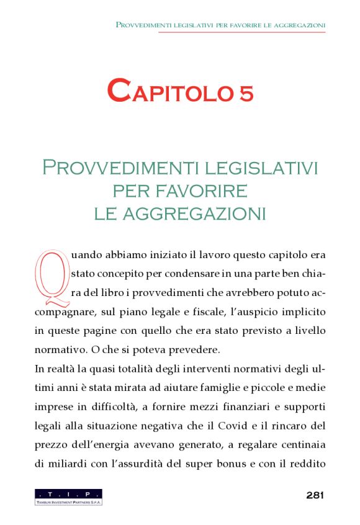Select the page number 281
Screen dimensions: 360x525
click(315, 495)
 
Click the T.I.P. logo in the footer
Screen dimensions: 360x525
click(68, 496)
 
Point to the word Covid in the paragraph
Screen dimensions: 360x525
click(248, 426)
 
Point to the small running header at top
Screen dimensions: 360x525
click(220, 25)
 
